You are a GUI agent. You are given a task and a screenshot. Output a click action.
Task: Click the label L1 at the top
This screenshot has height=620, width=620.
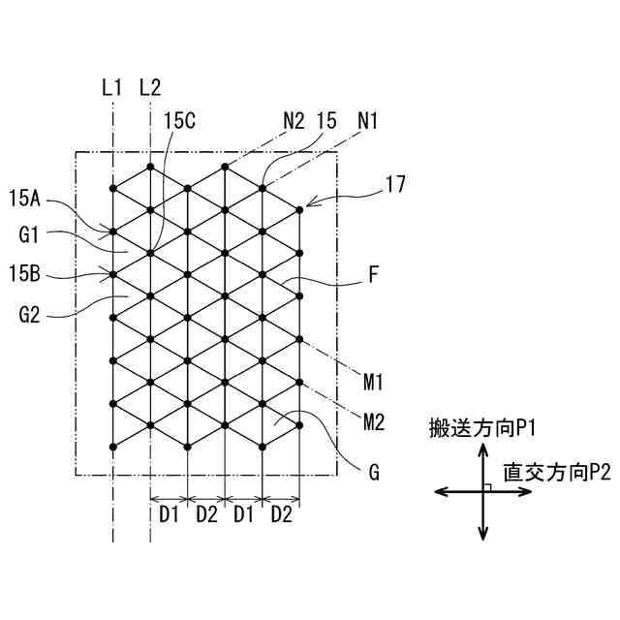(112, 87)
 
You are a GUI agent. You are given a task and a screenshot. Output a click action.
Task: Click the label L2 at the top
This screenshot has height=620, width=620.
(150, 87)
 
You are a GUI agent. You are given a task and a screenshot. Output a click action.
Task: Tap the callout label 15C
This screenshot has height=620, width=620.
(179, 121)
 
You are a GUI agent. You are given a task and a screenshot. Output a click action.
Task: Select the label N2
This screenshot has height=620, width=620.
(294, 121)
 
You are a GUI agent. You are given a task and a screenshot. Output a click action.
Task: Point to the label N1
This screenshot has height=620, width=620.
(368, 121)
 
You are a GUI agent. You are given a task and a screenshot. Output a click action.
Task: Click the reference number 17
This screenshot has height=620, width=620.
(394, 182)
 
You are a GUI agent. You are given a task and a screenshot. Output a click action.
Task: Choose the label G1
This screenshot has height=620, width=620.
(29, 233)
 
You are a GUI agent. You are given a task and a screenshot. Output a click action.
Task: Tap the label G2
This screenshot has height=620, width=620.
(29, 314)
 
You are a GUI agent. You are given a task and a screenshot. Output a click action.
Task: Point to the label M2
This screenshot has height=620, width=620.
(375, 421)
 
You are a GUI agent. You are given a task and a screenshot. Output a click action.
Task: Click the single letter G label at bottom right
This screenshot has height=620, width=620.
(373, 474)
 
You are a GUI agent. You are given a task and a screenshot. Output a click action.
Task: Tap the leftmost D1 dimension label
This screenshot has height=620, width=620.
(169, 514)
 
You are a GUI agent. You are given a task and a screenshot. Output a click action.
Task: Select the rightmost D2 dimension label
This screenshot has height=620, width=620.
(281, 514)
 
